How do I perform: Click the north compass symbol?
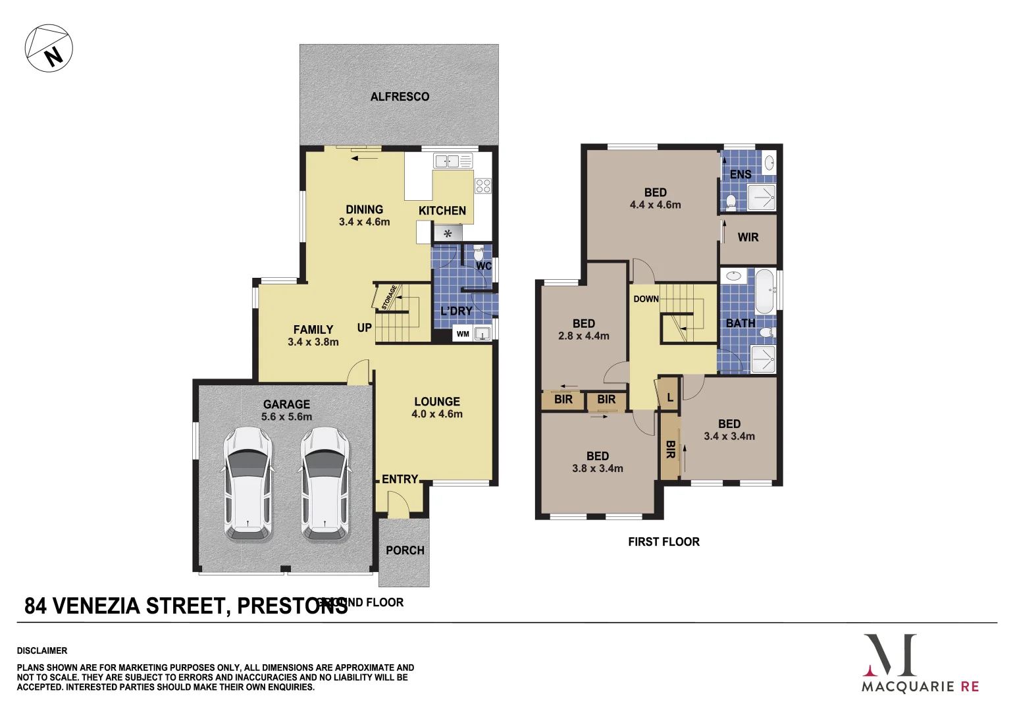tap(49, 49)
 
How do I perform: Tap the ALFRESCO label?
tap(400, 97)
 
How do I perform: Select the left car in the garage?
tap(247, 484)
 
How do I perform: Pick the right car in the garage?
tap(325, 484)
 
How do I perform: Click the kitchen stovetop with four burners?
tap(482, 186)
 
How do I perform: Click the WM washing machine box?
tap(463, 334)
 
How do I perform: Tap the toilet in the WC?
tap(479, 253)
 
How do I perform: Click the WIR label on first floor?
tap(748, 237)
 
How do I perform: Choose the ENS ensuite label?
tap(741, 174)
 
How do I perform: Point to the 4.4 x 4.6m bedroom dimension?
tap(655, 205)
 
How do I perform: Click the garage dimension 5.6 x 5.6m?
tap(286, 417)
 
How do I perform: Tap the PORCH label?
tap(405, 550)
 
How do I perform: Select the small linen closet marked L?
tap(669, 397)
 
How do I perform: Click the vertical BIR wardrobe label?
tap(670, 450)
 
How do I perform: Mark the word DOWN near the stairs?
tap(646, 299)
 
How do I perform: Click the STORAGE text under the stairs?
tap(389, 297)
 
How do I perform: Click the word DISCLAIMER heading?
tap(42, 650)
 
